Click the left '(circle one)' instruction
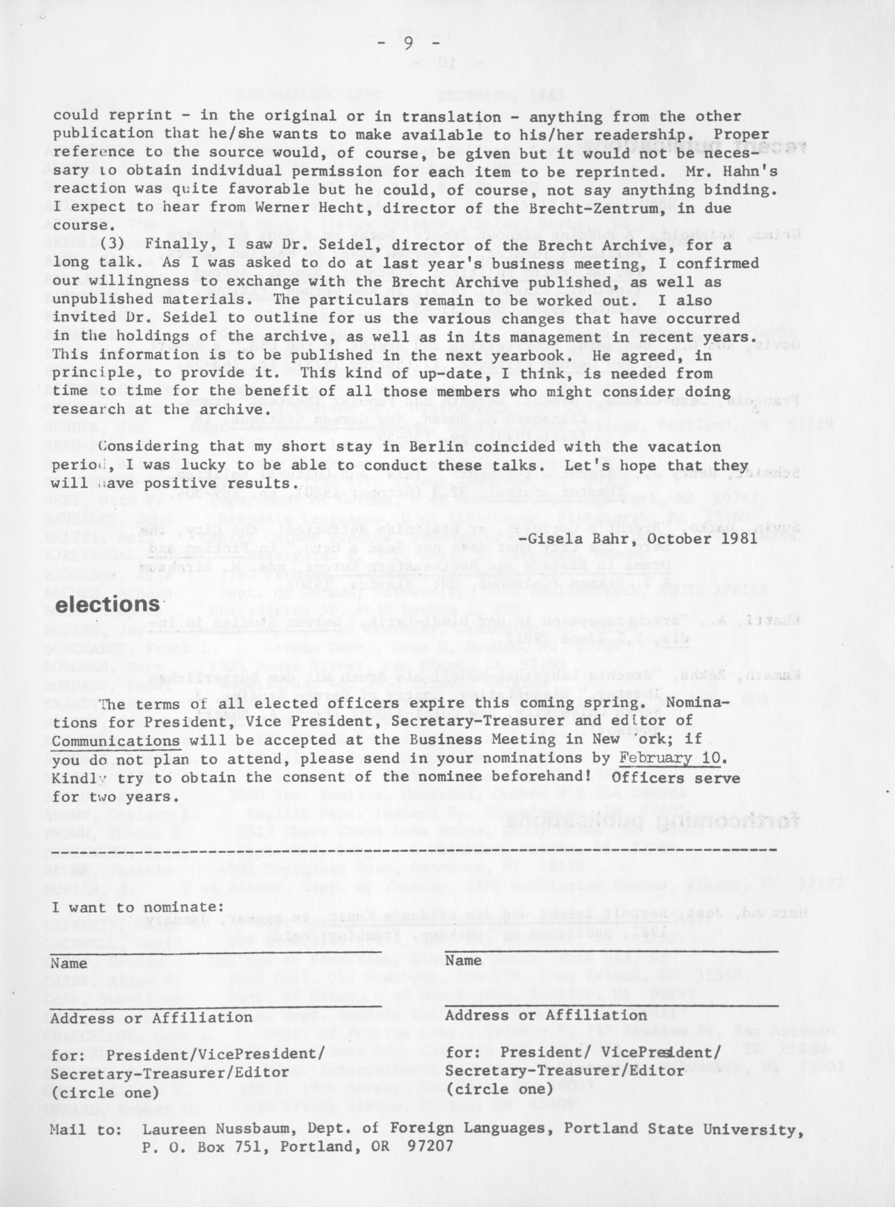[105, 1077]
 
